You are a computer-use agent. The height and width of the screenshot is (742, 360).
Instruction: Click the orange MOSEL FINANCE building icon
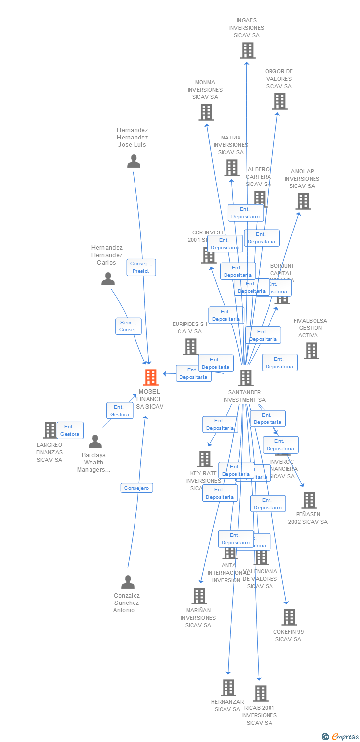coord(151,377)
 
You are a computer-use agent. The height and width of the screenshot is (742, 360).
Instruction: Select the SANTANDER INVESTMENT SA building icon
coord(246,378)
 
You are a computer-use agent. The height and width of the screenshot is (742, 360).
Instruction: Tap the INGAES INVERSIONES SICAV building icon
coord(248,50)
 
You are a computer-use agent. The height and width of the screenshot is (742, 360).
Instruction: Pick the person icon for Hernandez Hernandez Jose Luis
coord(134,162)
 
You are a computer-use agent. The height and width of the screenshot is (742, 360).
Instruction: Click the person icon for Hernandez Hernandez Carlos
coord(108,279)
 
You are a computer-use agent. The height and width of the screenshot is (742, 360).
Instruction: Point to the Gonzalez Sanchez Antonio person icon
coord(128,582)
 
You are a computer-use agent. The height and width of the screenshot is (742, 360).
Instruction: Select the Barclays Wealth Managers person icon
coord(95,442)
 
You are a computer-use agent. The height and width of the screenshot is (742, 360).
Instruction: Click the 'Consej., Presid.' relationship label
coord(141,267)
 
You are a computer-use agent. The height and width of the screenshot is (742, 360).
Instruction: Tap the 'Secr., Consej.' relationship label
coord(129,326)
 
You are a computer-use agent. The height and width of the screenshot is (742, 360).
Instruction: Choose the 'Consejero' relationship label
coord(136,488)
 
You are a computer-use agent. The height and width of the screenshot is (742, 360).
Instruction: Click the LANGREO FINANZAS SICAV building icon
coord(50,430)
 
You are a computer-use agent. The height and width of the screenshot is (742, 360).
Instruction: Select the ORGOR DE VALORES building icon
coord(280,101)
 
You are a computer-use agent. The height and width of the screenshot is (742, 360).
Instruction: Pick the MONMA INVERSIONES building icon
coord(206,112)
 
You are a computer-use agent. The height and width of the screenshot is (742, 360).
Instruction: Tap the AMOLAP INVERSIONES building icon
coord(303,201)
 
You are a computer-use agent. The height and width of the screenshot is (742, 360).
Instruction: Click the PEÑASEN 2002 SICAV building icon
coord(309,500)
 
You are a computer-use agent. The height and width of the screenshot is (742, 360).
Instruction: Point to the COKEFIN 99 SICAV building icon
coord(289,617)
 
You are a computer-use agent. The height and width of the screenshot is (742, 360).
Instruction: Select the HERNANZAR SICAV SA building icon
coord(228,688)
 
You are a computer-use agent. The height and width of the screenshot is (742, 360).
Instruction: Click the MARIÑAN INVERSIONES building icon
coord(199,596)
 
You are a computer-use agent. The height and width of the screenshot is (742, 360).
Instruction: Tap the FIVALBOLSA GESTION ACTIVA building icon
coord(311,351)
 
